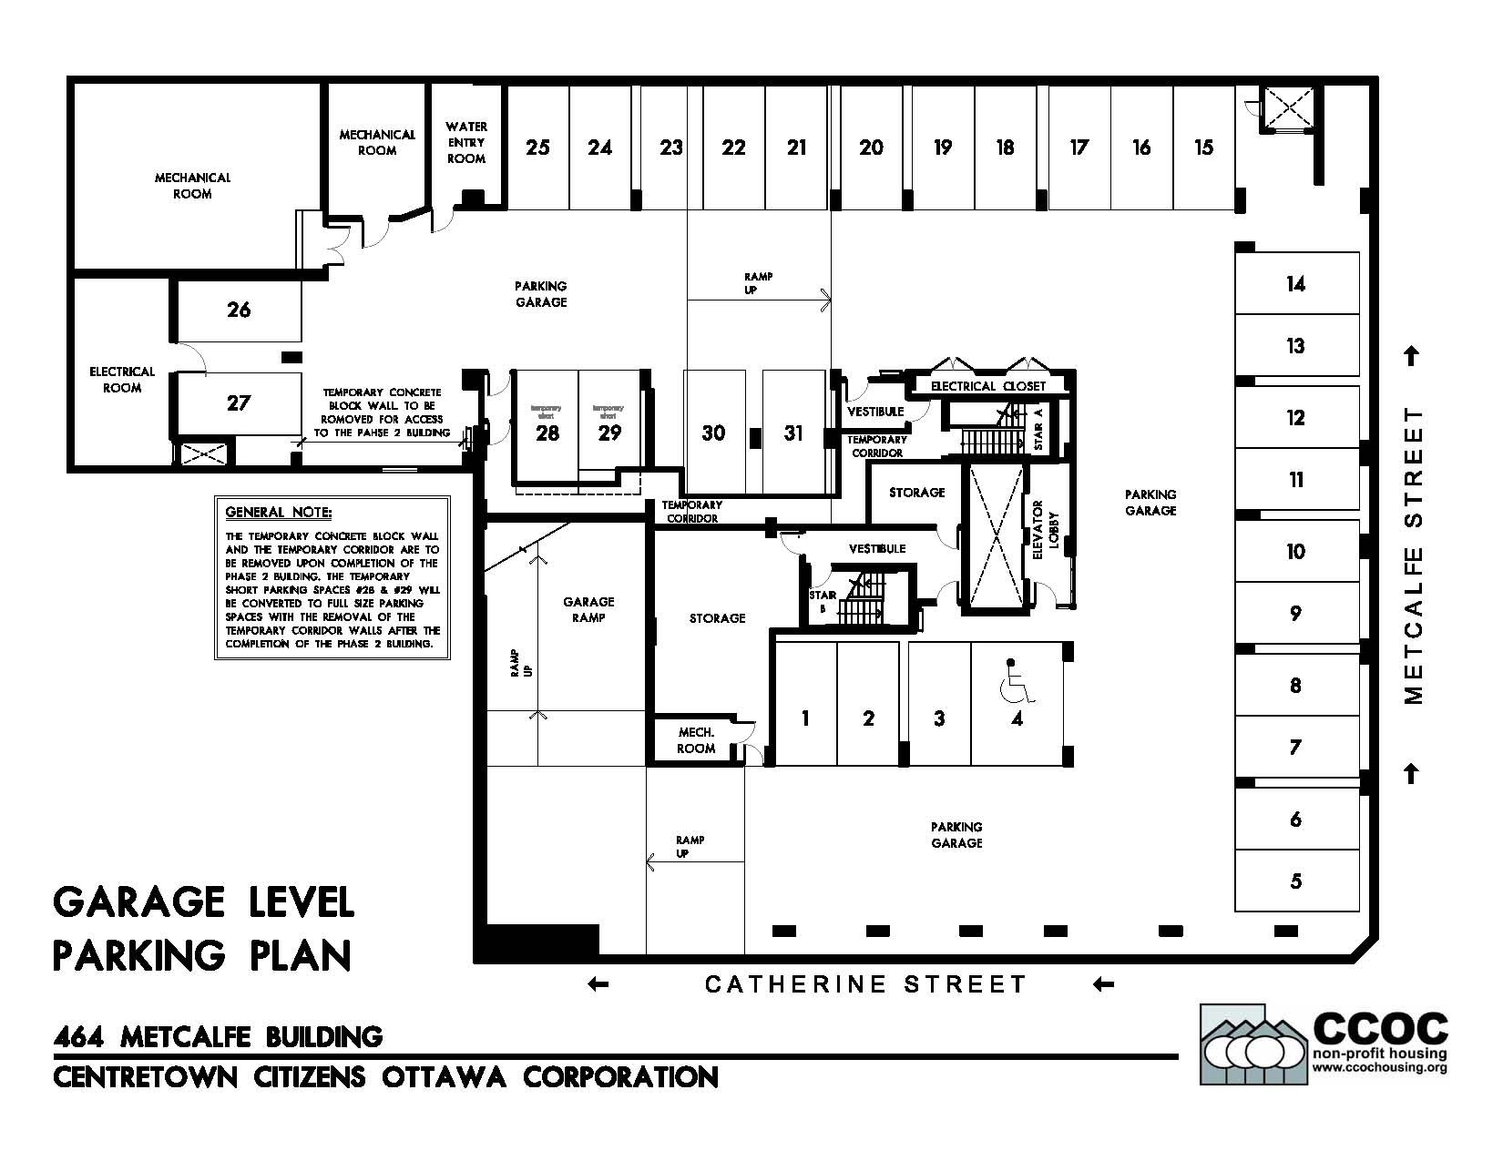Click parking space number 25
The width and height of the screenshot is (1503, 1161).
click(537, 148)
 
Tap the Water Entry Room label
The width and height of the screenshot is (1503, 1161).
click(466, 142)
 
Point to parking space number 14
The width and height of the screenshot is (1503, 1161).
click(1295, 284)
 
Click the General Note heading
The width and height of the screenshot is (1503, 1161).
click(279, 513)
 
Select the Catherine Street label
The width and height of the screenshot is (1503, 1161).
click(865, 984)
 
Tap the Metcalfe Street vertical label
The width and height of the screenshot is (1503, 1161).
click(1413, 555)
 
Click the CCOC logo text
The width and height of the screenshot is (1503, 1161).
click(1379, 1028)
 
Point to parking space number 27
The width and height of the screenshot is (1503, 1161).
click(239, 402)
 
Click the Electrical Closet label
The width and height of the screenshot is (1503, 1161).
click(988, 386)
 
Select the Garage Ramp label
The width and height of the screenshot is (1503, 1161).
click(588, 609)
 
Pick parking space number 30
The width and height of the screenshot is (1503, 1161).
click(713, 433)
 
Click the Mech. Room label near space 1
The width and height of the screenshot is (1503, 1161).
click(696, 740)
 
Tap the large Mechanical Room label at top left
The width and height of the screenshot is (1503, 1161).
click(192, 186)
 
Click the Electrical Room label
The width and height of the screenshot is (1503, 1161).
click(122, 380)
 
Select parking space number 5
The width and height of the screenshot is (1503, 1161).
click(1295, 881)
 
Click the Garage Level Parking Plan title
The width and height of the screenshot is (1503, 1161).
click(203, 929)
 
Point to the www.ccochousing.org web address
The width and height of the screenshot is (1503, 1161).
click(1379, 1068)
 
